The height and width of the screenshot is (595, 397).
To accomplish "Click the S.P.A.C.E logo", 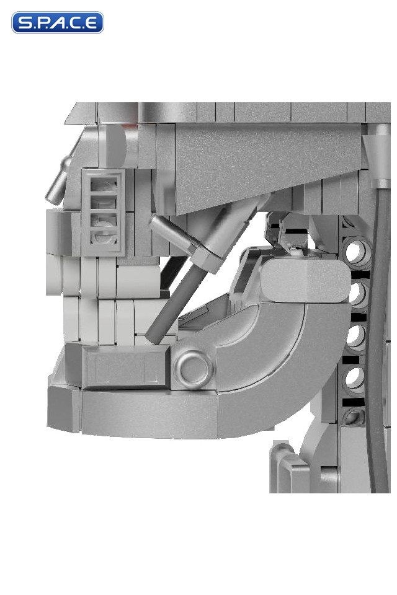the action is (57, 22).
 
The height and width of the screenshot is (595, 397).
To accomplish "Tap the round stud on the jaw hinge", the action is (194, 368).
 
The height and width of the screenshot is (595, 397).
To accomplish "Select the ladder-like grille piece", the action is (103, 212).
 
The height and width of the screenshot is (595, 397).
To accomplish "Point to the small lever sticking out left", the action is (58, 181).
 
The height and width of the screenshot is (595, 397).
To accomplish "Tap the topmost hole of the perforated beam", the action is (356, 250).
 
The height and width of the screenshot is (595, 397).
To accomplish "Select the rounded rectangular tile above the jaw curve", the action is (305, 280).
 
